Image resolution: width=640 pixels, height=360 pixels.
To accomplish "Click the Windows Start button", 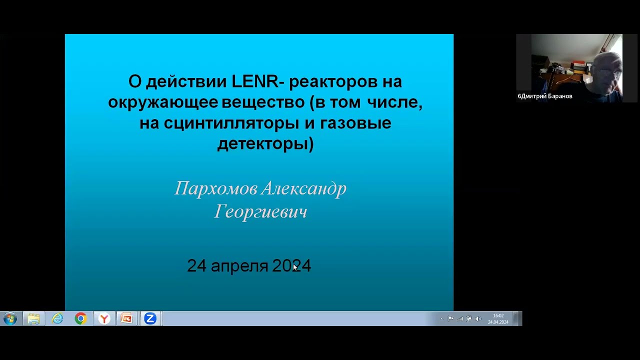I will tap(10, 318).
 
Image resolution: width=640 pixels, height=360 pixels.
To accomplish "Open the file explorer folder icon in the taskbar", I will tap(34, 318).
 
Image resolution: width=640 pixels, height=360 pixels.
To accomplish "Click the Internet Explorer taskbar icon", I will tap(57, 318).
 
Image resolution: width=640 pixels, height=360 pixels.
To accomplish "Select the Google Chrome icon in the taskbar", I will tap(80, 318).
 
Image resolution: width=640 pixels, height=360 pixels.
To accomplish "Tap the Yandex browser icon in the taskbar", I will tap(104, 318).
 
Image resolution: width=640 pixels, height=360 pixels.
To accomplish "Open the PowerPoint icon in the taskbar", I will tap(127, 318).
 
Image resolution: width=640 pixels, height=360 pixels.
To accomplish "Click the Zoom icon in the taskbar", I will tap(150, 318).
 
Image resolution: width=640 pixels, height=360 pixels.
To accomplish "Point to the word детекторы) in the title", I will tap(265, 144).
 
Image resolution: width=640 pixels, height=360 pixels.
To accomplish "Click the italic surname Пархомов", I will tap(216, 188).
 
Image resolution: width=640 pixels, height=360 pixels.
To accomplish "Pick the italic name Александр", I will tap(303, 188).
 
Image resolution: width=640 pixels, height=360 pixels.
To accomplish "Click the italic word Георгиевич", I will tap(260, 211).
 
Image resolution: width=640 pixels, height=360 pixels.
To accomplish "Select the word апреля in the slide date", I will tap(239, 266).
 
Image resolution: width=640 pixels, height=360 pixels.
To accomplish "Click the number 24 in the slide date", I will tap(196, 266).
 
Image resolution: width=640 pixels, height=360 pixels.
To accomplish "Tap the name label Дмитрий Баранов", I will tap(546, 96).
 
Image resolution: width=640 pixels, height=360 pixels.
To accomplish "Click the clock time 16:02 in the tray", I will tap(498, 315).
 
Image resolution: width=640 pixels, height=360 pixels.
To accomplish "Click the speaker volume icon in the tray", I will tap(477, 319).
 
